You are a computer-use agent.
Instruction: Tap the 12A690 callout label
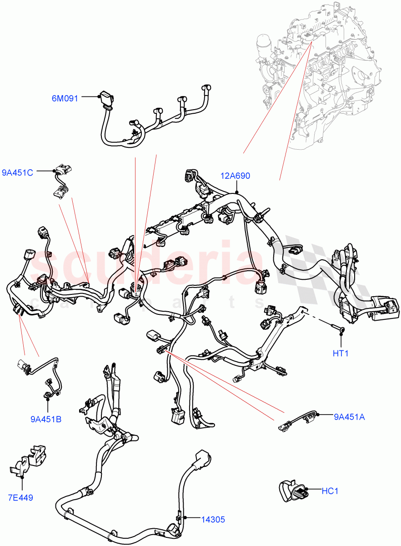236,176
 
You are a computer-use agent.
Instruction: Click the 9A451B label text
46,419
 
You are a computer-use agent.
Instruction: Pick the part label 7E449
20,497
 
